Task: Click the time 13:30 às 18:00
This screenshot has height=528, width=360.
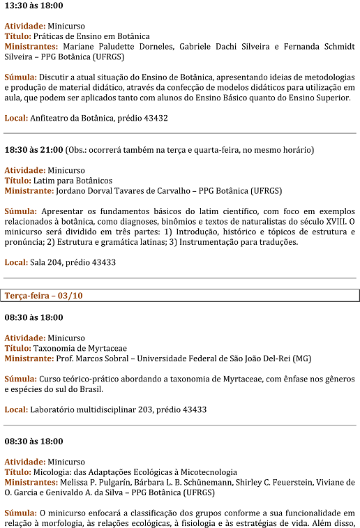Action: (33, 6)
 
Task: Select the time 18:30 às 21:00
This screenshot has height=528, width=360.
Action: (33, 150)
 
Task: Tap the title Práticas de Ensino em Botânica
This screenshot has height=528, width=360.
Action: (91, 36)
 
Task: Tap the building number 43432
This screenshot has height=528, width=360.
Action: (152, 119)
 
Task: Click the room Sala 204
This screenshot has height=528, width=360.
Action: (47, 262)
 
